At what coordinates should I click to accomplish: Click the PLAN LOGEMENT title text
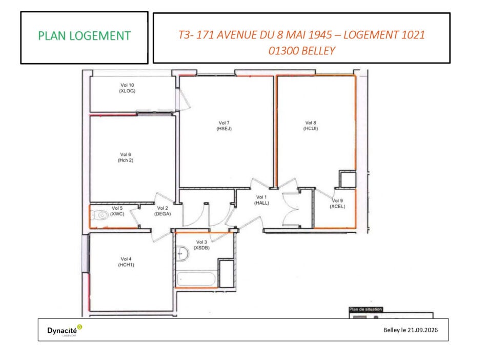coord(84,36)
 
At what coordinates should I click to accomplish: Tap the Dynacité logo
coord(65,330)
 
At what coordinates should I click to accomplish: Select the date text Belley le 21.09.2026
coord(410,330)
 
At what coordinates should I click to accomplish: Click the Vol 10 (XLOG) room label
coord(127,88)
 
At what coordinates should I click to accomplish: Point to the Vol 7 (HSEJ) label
coord(224,126)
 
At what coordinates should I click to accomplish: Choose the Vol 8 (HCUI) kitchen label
coord(311,126)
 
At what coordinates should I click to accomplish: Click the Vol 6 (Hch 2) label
coord(126,157)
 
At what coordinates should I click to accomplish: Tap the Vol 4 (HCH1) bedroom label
coord(126,262)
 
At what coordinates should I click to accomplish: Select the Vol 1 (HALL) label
coord(261,200)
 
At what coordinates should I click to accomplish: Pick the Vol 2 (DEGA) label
coord(163,211)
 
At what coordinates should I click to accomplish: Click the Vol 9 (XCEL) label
coord(337,204)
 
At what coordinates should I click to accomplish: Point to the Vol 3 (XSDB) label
coord(201,245)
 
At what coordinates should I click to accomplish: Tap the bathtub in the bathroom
coord(196,279)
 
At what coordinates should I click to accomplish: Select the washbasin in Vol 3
coord(182,253)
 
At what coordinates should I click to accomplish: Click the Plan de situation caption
coord(366,309)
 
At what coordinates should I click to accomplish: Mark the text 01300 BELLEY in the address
coord(301,51)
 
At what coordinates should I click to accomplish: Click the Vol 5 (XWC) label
coord(117,211)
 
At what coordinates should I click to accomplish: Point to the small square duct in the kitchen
coord(348,179)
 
